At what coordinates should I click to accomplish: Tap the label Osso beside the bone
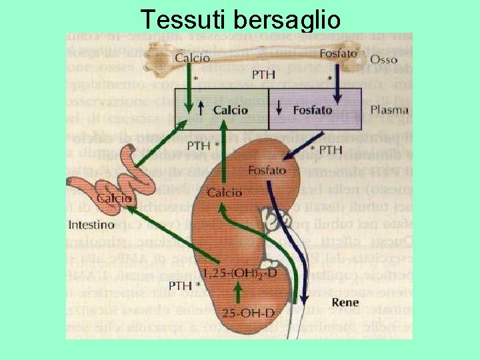click(383, 59)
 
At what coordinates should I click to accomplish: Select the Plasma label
click(389, 109)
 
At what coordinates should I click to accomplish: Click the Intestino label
click(94, 225)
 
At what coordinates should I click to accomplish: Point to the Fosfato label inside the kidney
click(267, 171)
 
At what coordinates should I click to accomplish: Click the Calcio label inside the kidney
click(225, 193)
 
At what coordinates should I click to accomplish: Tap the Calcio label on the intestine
click(114, 199)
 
